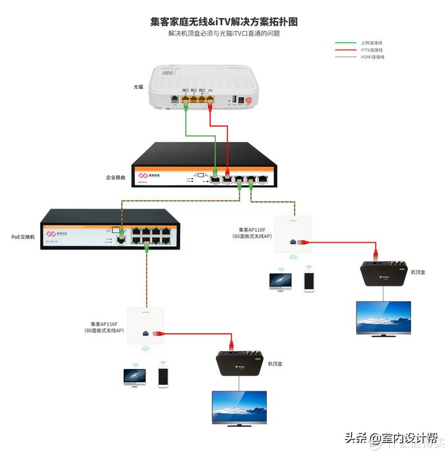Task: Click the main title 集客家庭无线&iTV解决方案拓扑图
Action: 223,21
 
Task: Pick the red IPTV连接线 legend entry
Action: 372,49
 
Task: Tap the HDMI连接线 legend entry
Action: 372,57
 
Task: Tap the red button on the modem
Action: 250,100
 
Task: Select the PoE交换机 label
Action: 24,236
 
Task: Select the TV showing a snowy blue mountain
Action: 383,319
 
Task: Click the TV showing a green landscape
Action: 238,408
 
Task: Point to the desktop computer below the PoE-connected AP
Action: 134,377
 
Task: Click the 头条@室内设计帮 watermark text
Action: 391,438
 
